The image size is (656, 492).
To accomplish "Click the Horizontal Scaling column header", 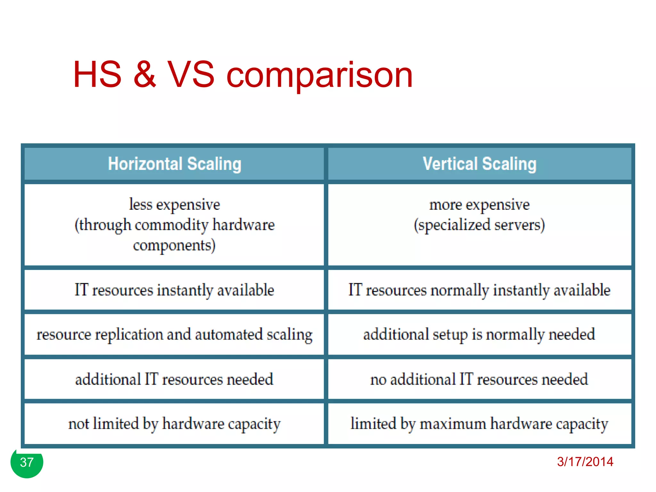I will (175, 164).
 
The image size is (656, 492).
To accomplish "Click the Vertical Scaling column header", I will (480, 164).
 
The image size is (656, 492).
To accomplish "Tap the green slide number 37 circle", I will (27, 462).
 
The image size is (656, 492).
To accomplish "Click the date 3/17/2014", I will (585, 462).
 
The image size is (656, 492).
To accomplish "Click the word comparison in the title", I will (319, 76).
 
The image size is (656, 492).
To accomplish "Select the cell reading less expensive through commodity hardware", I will (175, 225).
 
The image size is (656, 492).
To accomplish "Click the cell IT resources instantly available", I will (175, 290).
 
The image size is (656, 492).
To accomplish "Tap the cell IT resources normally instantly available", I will (480, 290).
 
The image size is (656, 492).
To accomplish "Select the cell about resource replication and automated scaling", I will (175, 334).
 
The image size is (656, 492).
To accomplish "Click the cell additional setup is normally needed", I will (480, 334).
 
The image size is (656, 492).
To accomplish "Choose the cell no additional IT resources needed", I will (480, 379).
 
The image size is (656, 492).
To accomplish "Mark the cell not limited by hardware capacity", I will (175, 424).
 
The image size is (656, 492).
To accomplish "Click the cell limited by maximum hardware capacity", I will (480, 424).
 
